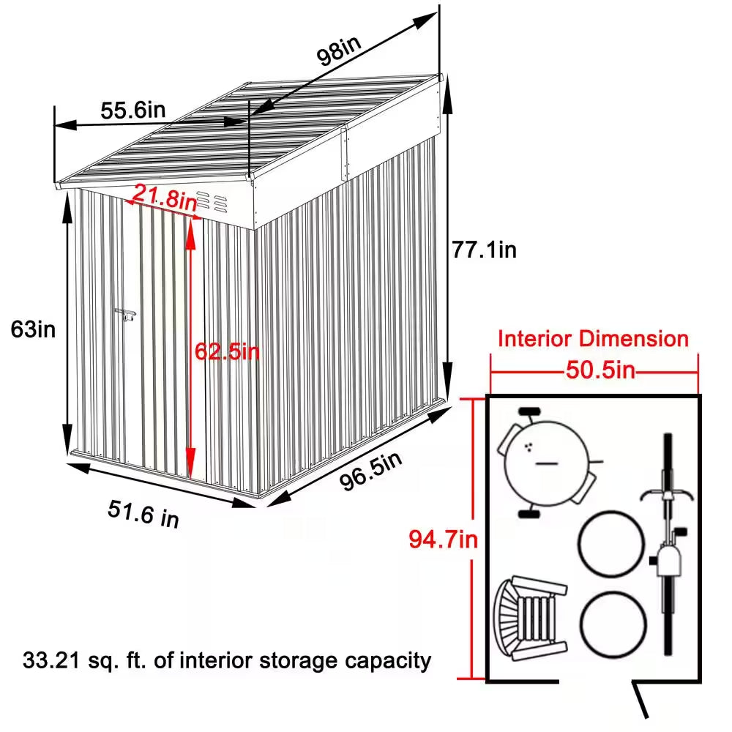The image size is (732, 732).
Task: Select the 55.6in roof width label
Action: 132,111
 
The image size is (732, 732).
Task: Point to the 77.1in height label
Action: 484,250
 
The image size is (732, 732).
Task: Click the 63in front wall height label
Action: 33,329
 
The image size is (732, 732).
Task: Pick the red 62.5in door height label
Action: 227,351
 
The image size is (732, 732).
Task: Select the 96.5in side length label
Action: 370,473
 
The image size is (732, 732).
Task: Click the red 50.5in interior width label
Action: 599,370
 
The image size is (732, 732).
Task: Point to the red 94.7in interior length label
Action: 443,540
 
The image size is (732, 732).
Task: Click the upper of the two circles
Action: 611,546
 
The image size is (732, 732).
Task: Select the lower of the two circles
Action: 613,624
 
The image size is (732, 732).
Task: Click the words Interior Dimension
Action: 593,339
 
